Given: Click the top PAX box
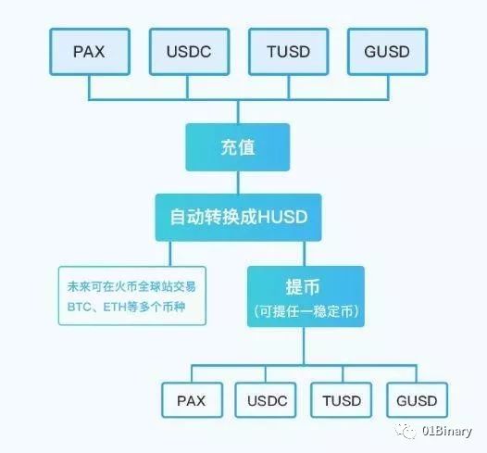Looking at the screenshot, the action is tap(90, 52).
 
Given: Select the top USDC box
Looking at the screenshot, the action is tap(190, 52).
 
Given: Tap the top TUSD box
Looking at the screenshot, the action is tap(289, 52).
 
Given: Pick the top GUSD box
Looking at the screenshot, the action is tap(388, 52).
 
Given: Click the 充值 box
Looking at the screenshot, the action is tap(238, 147).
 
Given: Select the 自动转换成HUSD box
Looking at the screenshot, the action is tap(238, 218).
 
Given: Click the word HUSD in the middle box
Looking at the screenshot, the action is tap(282, 217).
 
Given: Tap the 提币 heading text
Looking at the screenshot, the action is tap(303, 286).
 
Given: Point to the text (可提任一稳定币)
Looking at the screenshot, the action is tap(306, 311).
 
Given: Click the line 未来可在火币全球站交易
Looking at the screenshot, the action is tap(131, 286).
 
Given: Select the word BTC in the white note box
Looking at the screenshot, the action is tap(80, 307).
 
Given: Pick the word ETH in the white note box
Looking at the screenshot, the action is tap(115, 307).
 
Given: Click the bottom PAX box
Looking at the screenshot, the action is tap(193, 400).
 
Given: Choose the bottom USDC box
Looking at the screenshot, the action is tap(266, 400).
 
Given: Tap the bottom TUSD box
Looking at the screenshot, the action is tap(342, 400).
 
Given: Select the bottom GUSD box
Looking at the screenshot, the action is tap(418, 400).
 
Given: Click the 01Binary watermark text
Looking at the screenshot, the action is tap(447, 432).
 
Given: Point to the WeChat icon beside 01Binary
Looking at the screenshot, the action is tap(406, 431).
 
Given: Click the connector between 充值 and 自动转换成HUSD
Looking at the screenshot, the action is tap(238, 182).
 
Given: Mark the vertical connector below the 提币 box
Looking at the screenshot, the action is tap(304, 346).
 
